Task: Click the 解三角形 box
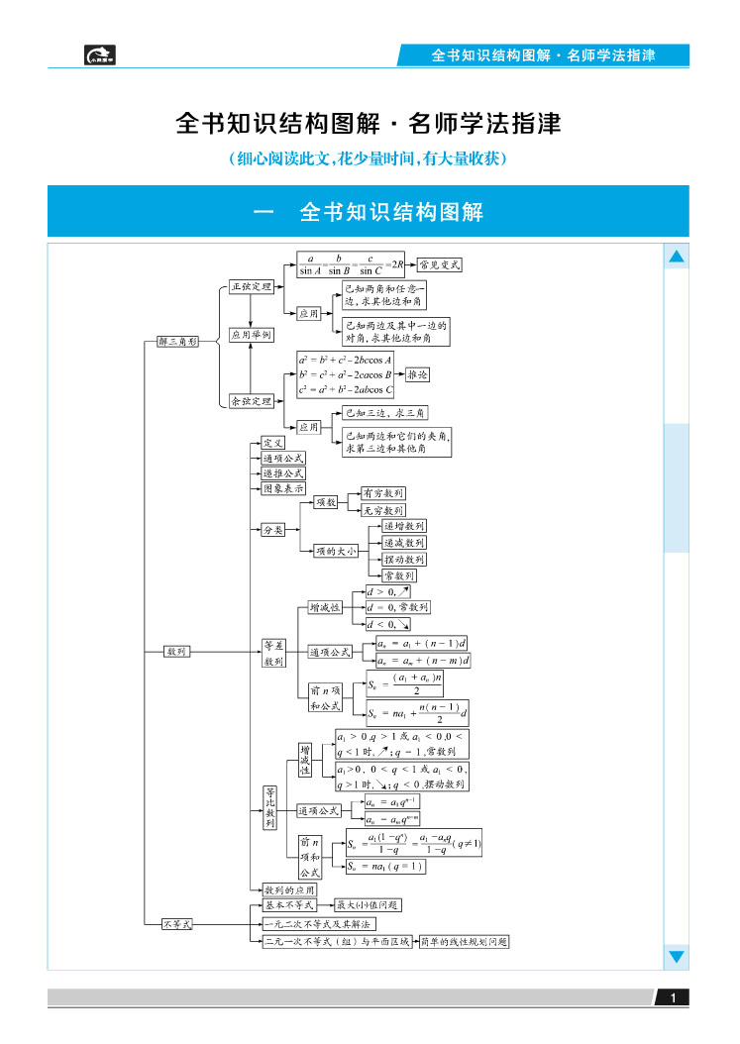[x=178, y=341]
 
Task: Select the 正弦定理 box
[x=250, y=286]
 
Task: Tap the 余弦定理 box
[x=250, y=401]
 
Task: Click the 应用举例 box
[x=250, y=335]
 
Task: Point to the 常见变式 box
[x=440, y=264]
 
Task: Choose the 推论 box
[x=418, y=375]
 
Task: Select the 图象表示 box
[x=283, y=488]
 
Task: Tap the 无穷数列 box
[x=381, y=510]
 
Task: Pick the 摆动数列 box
[x=404, y=560]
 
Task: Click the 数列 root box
[x=177, y=651]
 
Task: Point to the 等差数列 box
[x=273, y=652]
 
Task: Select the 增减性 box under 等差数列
[x=324, y=607]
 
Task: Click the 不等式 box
[x=177, y=923]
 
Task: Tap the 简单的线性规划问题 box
[x=464, y=942]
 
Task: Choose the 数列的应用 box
[x=288, y=889]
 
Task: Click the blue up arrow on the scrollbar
[x=677, y=258]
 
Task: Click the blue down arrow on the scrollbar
[x=677, y=956]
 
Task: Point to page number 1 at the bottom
[x=674, y=998]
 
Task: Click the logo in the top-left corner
[x=100, y=55]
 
